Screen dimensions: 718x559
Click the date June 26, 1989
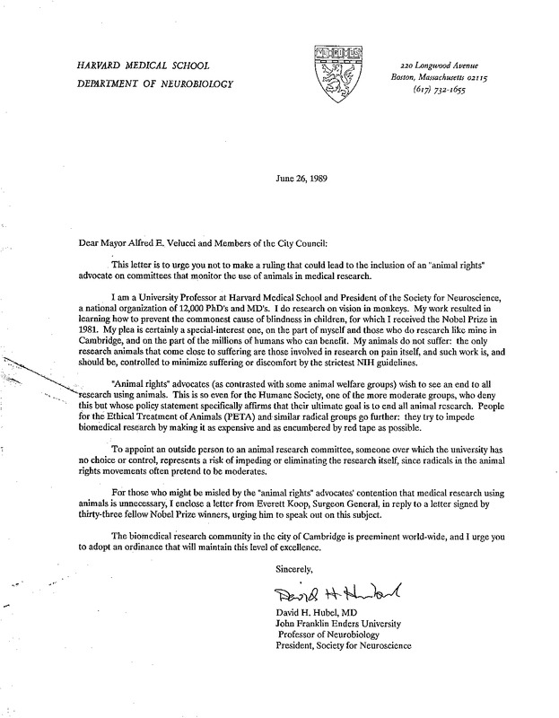point(297,178)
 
